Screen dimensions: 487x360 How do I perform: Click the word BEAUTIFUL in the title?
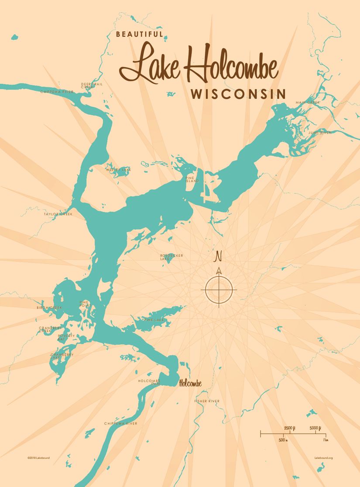point(139,34)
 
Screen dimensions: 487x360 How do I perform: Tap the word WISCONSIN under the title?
point(238,94)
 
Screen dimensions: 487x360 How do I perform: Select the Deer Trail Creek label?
point(92,86)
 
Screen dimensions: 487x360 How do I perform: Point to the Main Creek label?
point(308,103)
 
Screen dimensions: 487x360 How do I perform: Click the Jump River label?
point(320,132)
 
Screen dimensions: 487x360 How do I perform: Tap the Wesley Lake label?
point(118,169)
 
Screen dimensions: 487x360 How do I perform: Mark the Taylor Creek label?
point(58,214)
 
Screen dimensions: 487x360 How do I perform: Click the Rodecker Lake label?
point(171,257)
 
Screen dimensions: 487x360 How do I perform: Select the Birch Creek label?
point(49,308)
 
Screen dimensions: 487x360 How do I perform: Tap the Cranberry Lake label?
point(62,356)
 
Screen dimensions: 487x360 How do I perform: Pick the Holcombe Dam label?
point(149,382)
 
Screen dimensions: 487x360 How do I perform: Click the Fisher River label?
point(207,401)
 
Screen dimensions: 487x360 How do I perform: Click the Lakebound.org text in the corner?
point(323,458)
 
